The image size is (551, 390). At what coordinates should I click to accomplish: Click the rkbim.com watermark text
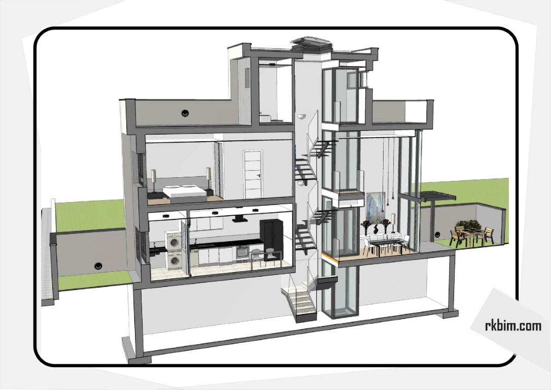click(x=513, y=326)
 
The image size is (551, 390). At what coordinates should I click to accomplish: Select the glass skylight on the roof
click(x=312, y=42)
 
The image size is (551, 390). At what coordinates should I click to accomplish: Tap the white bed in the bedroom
click(x=184, y=192)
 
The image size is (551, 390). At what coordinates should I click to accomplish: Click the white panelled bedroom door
click(x=253, y=174)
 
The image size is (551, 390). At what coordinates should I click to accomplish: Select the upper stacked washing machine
click(x=174, y=241)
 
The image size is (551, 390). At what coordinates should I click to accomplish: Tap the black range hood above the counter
click(x=239, y=220)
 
